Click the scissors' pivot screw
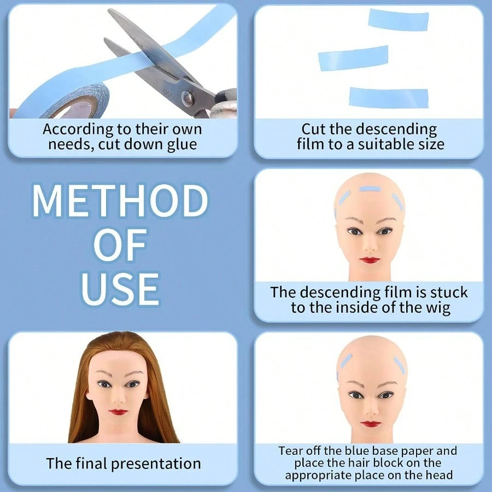coord(188,98)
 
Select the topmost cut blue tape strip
coord(399,20)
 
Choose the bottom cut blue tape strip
coord(389,97)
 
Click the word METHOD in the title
coord(120,201)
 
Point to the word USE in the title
coord(120,289)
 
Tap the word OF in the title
coord(120,245)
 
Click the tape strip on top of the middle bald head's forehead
coord(370,189)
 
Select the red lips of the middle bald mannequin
coord(370,260)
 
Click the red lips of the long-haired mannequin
coord(118,412)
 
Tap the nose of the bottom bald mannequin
coord(371,408)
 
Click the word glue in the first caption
coord(182,145)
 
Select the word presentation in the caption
coord(156,464)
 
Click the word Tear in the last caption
coord(290,451)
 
